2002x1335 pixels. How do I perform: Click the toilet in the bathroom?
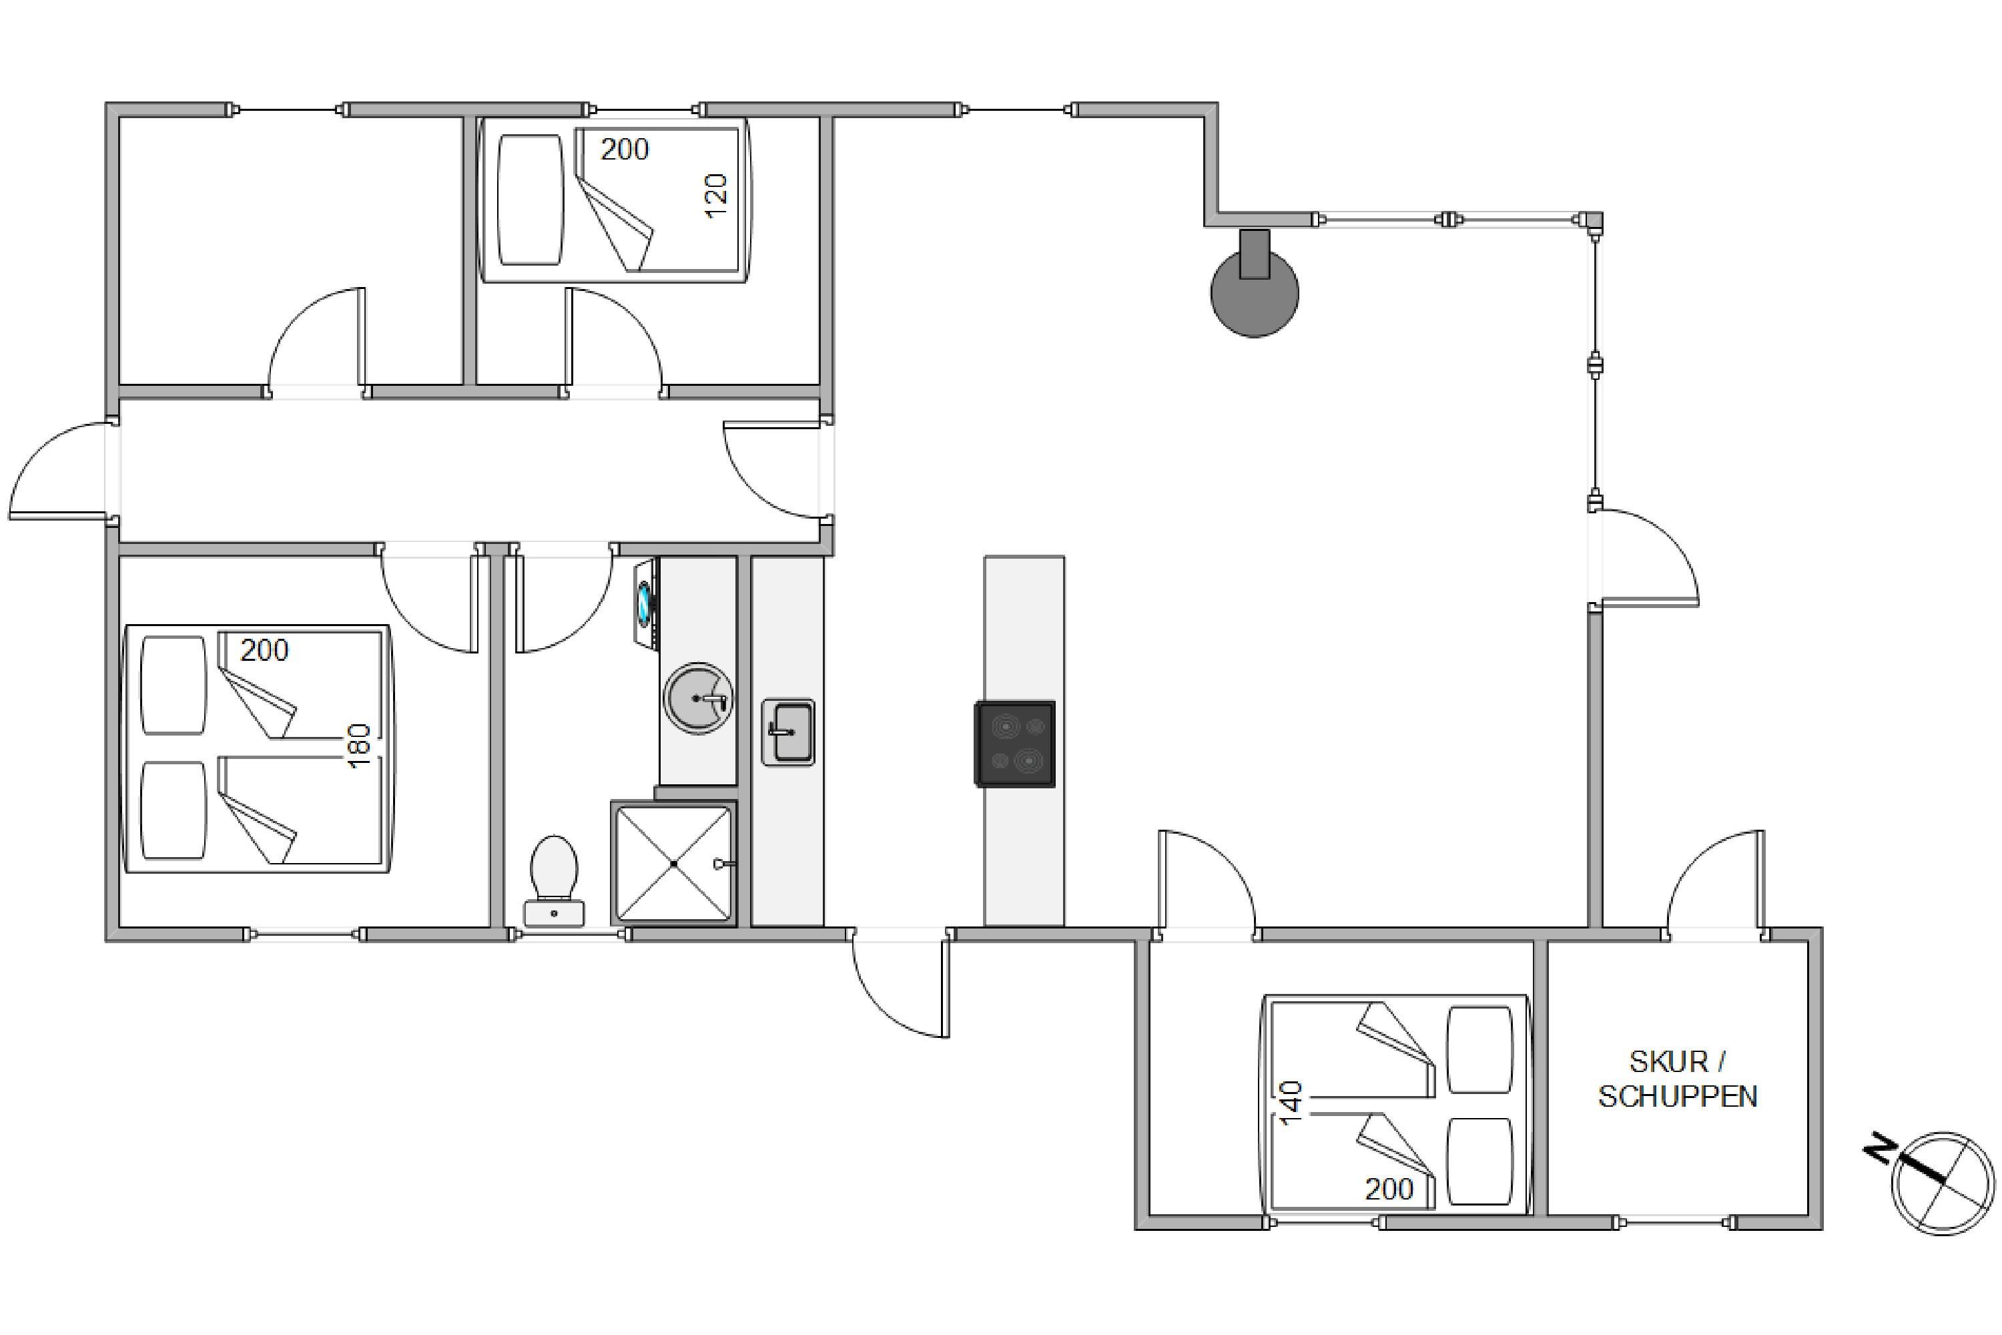[554, 880]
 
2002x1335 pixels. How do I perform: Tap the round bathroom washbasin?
[699, 698]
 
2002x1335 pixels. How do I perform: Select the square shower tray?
[673, 863]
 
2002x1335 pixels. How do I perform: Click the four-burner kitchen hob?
[1014, 744]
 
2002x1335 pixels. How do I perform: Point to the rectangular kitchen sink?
[788, 732]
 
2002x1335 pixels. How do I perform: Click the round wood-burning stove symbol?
[1255, 285]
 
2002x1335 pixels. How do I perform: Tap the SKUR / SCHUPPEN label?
[1678, 1079]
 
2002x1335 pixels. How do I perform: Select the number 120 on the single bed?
[717, 195]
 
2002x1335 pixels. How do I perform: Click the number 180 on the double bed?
[359, 745]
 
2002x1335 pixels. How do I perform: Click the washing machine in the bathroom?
[646, 603]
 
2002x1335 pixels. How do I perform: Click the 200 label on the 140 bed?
[1389, 1189]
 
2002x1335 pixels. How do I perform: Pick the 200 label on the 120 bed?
[625, 150]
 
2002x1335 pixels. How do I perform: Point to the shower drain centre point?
[673, 863]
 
